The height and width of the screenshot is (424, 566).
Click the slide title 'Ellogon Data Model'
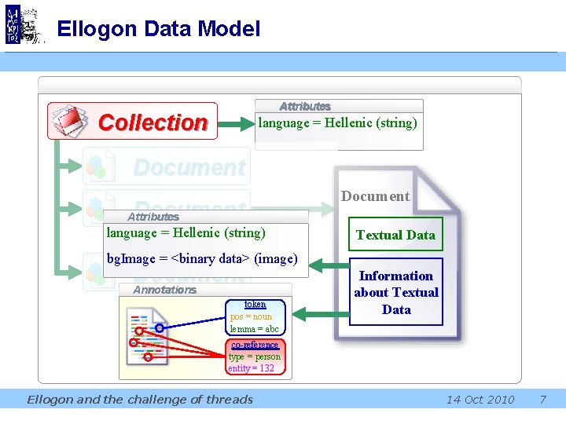[158, 30]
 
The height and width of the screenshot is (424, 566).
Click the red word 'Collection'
[153, 122]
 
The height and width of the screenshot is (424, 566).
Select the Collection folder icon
[71, 121]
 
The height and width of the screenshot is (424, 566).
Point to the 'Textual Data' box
[395, 235]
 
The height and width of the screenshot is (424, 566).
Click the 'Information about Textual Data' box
[396, 292]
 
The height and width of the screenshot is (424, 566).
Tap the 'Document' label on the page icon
[375, 196]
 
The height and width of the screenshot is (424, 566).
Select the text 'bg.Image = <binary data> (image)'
[201, 258]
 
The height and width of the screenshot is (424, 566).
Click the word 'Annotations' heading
[165, 290]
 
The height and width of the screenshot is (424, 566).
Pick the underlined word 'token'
[255, 304]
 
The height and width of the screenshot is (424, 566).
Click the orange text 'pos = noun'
[251, 316]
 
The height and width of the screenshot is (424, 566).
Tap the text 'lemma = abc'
[254, 328]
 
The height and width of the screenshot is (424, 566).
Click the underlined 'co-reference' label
[255, 345]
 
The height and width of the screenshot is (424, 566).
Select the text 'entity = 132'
[251, 368]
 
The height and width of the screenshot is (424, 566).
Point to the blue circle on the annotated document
[160, 327]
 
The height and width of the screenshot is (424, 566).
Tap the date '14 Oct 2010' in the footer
[480, 400]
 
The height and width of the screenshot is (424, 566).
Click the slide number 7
[542, 400]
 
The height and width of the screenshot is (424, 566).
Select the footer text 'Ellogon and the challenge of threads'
[140, 400]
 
